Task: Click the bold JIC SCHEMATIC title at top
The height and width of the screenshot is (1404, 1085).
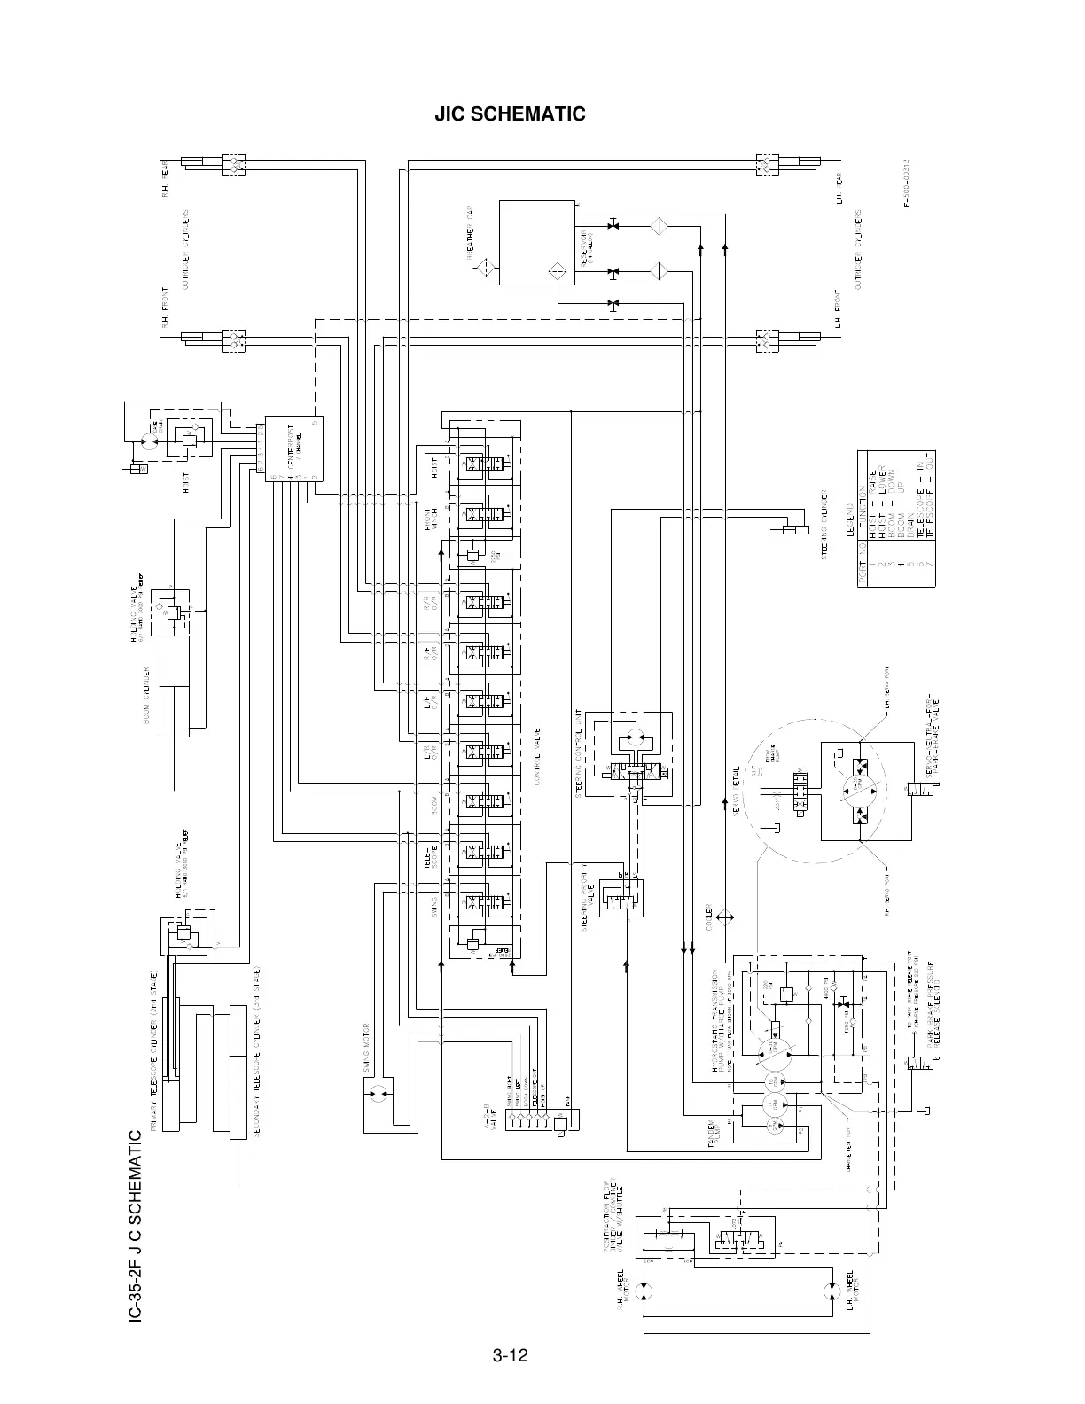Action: click(x=510, y=114)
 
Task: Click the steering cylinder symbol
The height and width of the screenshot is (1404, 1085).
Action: click(x=794, y=530)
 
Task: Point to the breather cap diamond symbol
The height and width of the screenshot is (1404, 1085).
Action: click(x=482, y=269)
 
